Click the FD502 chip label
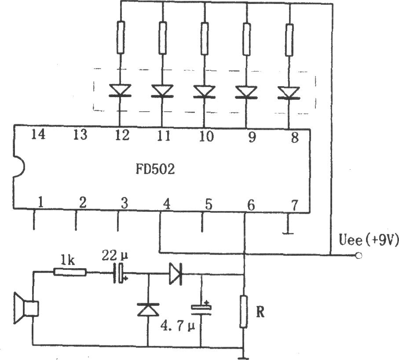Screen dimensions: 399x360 click(155, 169)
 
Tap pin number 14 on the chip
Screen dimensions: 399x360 click(38, 134)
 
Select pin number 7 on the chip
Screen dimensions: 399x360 click(294, 205)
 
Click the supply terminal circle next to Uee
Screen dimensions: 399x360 click(359, 255)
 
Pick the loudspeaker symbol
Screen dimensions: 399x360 click(26, 308)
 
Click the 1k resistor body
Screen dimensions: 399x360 click(70, 272)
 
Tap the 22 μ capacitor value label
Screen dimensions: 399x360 click(115, 255)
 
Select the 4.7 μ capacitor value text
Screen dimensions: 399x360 click(177, 325)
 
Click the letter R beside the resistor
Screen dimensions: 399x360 click(260, 312)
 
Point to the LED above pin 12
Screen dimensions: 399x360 click(120, 91)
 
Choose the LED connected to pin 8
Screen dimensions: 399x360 click(289, 93)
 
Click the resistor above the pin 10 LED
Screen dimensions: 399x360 click(204, 39)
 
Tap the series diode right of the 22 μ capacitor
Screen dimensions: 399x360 click(176, 273)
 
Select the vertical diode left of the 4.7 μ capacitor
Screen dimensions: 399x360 click(148, 310)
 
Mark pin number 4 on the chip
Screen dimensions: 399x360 click(166, 204)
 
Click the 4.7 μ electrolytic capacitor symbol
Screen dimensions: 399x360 click(201, 308)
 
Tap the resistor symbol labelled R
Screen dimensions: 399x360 click(244, 312)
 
